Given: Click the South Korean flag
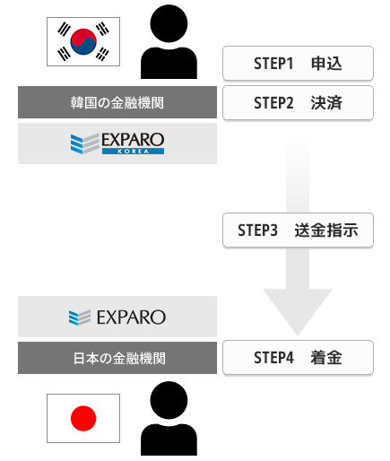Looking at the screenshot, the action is pyautogui.click(x=83, y=41).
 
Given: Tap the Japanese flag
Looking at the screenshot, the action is pyautogui.click(x=83, y=418).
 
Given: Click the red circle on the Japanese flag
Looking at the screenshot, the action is pyautogui.click(x=83, y=418).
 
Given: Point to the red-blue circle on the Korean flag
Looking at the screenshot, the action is pyautogui.click(x=83, y=41).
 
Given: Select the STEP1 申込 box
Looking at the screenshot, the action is pyautogui.click(x=298, y=64).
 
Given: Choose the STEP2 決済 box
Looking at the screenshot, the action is pyautogui.click(x=298, y=103).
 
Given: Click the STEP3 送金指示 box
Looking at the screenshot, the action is pyautogui.click(x=298, y=230).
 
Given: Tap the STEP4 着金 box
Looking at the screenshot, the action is pyautogui.click(x=298, y=357).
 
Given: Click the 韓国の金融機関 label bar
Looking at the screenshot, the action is pyautogui.click(x=117, y=102).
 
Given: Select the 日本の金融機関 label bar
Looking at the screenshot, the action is pyautogui.click(x=117, y=358).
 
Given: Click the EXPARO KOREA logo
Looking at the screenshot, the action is pyautogui.click(x=117, y=144).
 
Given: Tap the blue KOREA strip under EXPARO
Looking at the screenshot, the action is pyautogui.click(x=133, y=152).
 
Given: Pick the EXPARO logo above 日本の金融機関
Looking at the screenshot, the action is pyautogui.click(x=117, y=317).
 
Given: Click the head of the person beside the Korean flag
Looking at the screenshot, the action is pyautogui.click(x=169, y=23).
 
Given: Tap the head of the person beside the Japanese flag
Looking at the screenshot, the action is pyautogui.click(x=169, y=400).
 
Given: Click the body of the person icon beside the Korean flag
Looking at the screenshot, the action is pyautogui.click(x=169, y=63).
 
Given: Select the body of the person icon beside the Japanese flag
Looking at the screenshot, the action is pyautogui.click(x=169, y=439).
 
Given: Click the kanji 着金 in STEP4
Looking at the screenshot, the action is pyautogui.click(x=326, y=358).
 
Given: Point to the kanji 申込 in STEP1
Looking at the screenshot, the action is pyautogui.click(x=326, y=64).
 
